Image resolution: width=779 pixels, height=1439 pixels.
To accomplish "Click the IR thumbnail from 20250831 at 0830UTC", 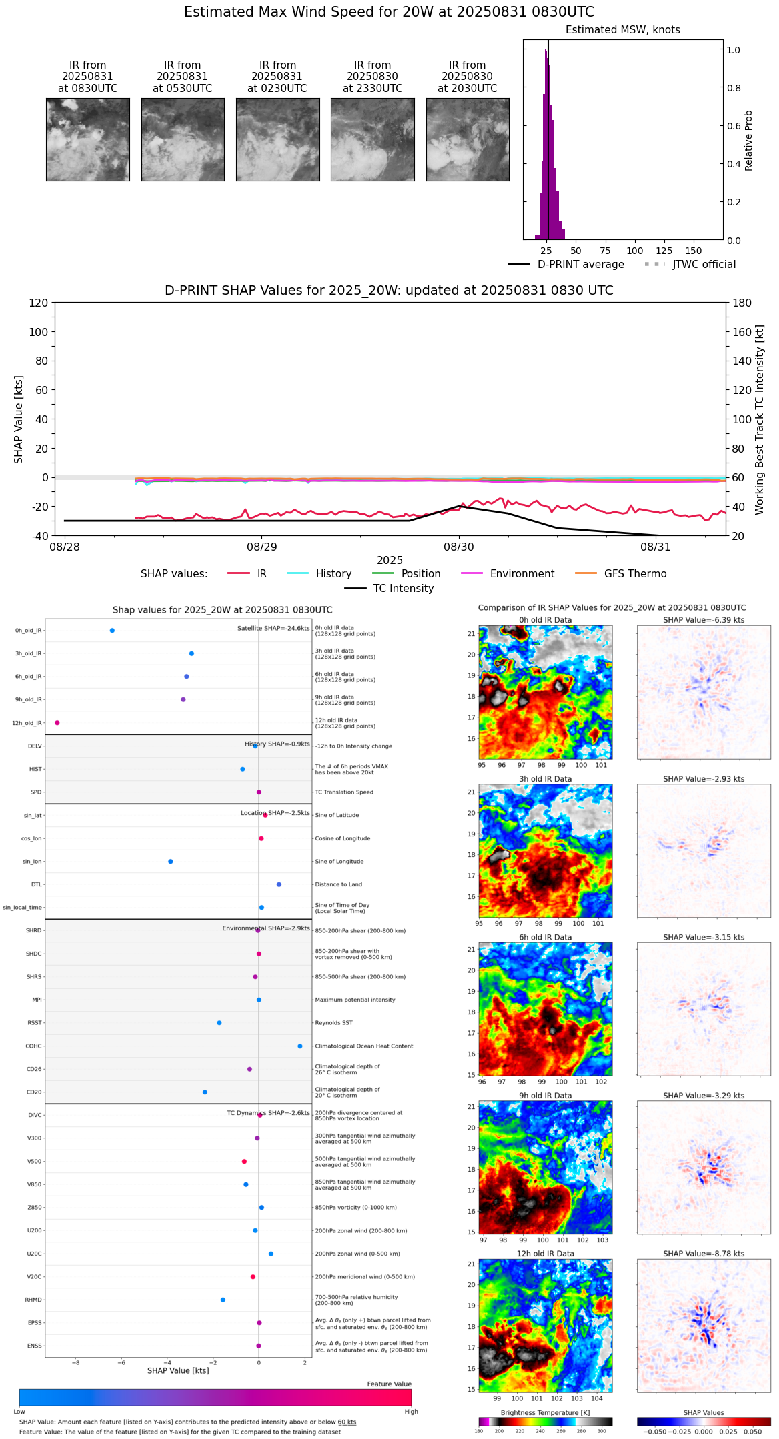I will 87,139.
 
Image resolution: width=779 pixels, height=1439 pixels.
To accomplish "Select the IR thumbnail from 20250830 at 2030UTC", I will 468,139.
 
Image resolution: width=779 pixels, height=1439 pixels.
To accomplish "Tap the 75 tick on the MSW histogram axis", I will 605,251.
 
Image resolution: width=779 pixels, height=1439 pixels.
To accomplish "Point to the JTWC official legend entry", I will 704,265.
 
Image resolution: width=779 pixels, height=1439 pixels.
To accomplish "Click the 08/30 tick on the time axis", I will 459,547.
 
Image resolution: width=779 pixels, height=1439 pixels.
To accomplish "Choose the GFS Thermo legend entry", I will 635,574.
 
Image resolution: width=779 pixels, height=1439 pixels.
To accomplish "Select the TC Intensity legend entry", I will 403,589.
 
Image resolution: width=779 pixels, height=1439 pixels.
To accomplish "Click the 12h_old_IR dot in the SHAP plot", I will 57,723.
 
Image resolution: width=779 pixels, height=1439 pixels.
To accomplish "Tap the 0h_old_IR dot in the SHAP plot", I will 112,631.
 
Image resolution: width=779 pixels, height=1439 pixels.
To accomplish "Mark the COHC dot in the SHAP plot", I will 300,1046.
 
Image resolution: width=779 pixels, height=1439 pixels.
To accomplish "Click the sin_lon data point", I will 171,862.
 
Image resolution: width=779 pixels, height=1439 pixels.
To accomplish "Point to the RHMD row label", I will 33,1300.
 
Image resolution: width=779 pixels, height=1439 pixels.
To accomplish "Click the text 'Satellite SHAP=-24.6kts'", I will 273,629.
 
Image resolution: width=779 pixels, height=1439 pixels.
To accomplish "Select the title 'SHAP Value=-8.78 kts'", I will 704,1254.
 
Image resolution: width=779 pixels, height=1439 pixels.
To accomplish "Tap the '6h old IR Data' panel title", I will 545,937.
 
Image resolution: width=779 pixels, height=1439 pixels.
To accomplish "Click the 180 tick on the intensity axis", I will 742,303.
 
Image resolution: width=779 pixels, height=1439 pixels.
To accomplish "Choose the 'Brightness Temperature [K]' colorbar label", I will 545,1412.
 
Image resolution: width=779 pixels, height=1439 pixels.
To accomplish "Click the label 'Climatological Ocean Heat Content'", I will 364,1046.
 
